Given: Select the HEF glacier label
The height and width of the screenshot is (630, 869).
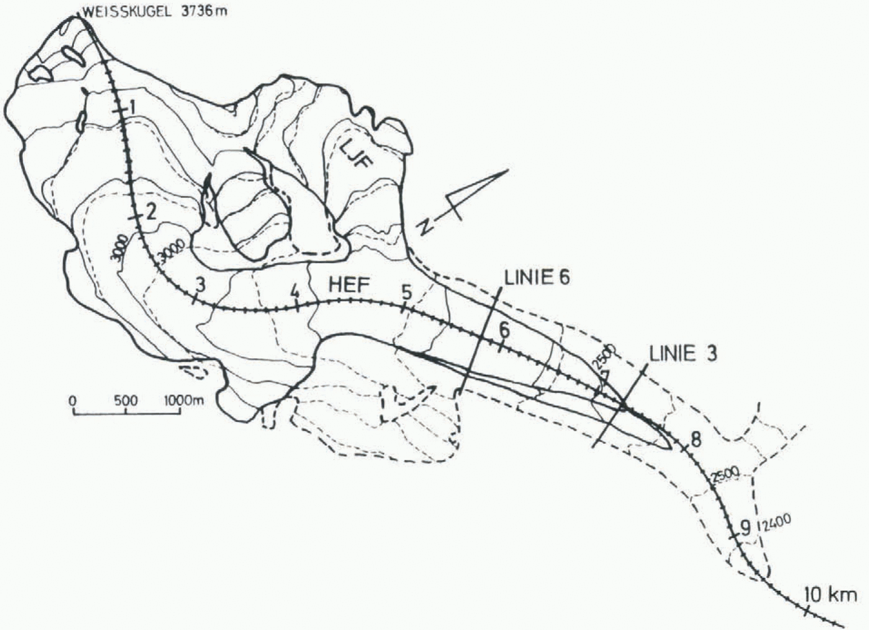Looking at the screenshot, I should click(349, 285).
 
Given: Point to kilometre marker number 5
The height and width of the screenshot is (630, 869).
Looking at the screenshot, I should click(406, 290).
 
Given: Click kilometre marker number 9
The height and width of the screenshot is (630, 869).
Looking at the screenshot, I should click(745, 527).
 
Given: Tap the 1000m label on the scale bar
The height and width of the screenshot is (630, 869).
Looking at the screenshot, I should click(184, 400).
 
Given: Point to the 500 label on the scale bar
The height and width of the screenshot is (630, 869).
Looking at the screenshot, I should click(126, 400).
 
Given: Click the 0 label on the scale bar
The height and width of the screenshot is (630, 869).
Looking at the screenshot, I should click(73, 400).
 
